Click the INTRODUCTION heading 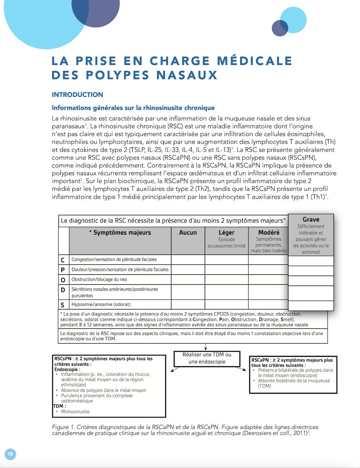(77, 95)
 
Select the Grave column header (310, 219)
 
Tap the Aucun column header (188, 232)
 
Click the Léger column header (226, 232)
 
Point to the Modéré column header (268, 232)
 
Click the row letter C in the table (63, 260)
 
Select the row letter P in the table (63, 270)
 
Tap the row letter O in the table (63, 280)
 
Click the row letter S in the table (63, 304)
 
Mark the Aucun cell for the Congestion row (188, 260)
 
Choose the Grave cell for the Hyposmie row (310, 305)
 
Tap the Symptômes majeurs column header (120, 232)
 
